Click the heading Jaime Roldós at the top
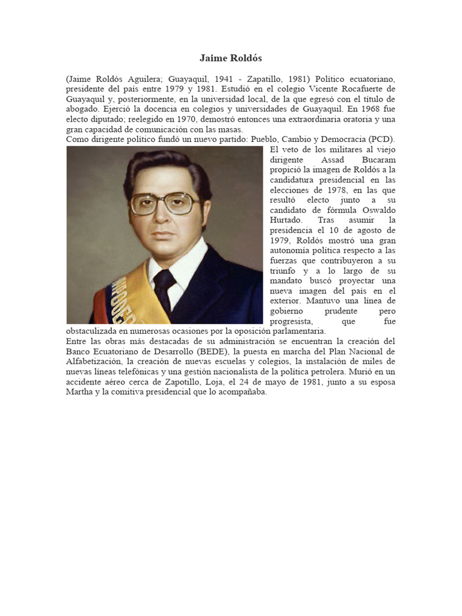tap(231, 58)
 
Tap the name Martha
tap(81, 392)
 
